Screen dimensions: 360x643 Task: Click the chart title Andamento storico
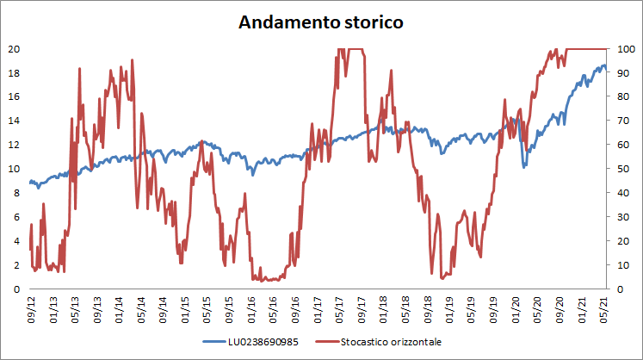[x=320, y=23]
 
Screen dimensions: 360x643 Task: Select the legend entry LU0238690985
[x=263, y=342]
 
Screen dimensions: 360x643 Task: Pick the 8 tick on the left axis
[x=15, y=193]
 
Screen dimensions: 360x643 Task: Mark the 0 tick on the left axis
[x=15, y=289]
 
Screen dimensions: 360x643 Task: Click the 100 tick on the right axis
[x=626, y=48]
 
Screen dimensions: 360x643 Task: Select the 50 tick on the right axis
[x=623, y=169]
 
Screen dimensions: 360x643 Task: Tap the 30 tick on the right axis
[x=623, y=217]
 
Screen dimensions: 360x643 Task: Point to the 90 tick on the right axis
[x=623, y=72]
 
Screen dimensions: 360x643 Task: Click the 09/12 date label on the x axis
[x=32, y=307]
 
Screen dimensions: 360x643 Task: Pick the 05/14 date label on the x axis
[x=141, y=307]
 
